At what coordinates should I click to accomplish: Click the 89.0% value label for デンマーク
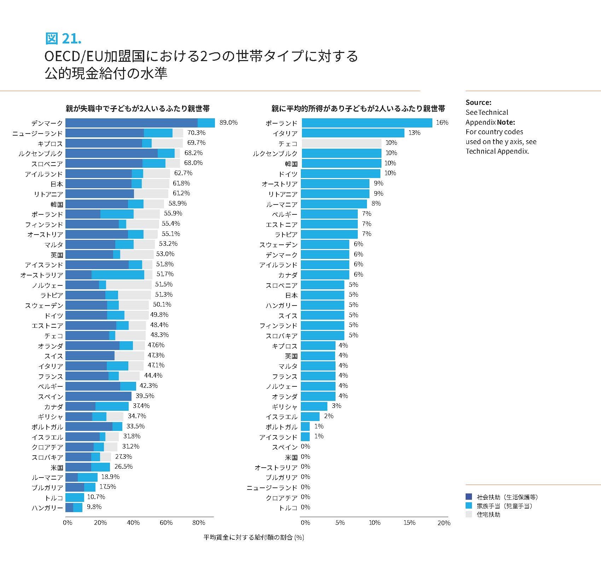point(228,123)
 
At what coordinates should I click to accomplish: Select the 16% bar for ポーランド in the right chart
point(367,123)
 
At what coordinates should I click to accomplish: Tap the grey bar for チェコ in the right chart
point(342,143)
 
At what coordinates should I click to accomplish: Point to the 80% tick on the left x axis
point(199,523)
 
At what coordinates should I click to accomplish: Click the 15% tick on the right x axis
point(409,523)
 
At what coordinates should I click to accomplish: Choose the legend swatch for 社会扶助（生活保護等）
point(469,497)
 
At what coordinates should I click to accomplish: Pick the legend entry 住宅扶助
point(488,515)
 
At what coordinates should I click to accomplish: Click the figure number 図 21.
point(63,38)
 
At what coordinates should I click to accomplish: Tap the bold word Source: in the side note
point(478,102)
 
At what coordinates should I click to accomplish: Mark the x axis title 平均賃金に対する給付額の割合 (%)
point(253,537)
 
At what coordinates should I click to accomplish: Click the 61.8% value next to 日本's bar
point(181,183)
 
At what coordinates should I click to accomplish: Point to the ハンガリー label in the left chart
point(47,508)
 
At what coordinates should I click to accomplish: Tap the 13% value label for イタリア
point(414,133)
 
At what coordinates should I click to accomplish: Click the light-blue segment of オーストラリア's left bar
point(118,275)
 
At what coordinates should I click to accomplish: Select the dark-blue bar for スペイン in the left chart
point(98,396)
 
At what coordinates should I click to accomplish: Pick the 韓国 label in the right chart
point(291,164)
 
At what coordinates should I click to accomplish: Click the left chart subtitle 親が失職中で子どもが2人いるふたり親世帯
point(138,108)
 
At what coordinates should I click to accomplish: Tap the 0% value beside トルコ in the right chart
point(305,507)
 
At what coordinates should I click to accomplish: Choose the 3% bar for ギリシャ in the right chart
point(314,406)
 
